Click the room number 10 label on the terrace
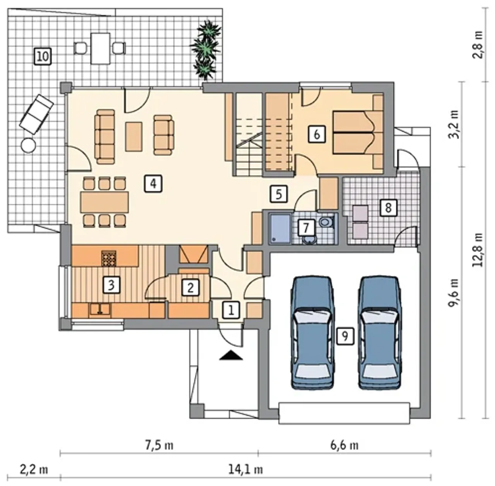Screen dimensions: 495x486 [x=43, y=56]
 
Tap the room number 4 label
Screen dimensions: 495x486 [x=153, y=183]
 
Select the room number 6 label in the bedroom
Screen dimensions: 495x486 [x=317, y=134]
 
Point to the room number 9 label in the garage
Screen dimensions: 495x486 [x=345, y=336]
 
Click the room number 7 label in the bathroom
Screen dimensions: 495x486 [x=306, y=228]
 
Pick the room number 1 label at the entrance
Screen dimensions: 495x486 [x=231, y=310]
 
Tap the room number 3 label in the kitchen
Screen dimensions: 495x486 [x=111, y=285]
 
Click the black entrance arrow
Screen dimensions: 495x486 [x=231, y=355]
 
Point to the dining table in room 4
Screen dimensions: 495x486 [x=104, y=202]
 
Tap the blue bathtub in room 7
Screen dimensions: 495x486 [x=280, y=229]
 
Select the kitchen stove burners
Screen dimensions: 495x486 [x=109, y=258]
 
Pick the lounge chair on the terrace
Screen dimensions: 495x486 [x=36, y=114]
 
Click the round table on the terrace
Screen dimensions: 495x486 [x=28, y=146]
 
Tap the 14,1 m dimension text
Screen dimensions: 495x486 [x=245, y=470]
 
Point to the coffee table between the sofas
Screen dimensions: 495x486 [x=134, y=136]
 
